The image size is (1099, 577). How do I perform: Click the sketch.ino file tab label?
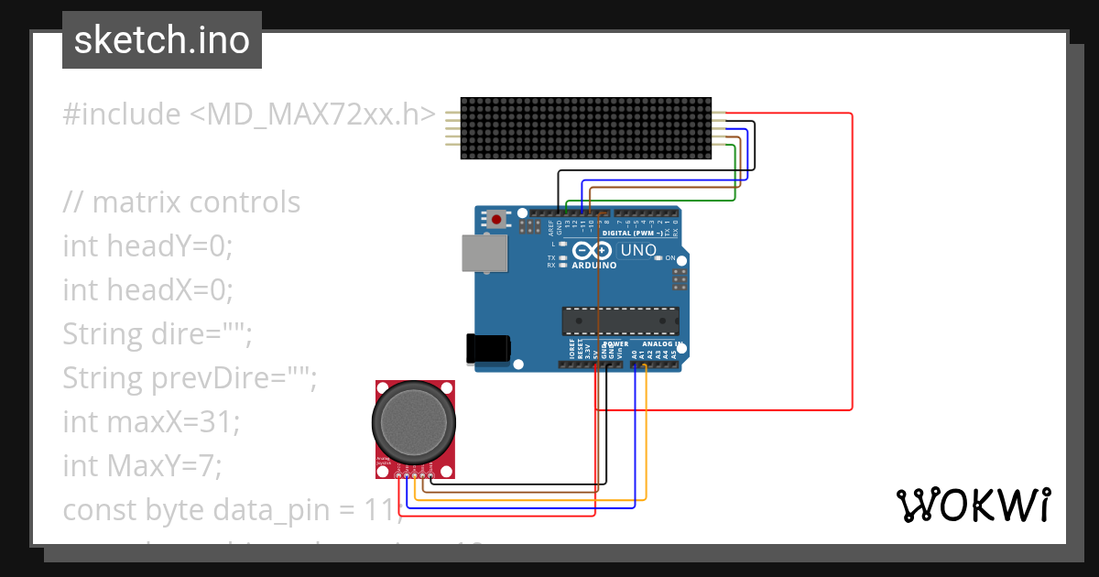pyautogui.click(x=161, y=40)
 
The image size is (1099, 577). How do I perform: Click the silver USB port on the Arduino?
pyautogui.click(x=484, y=253)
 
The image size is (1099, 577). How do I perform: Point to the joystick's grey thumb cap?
pyautogui.click(x=413, y=422)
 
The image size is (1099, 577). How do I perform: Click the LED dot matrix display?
pyautogui.click(x=585, y=128)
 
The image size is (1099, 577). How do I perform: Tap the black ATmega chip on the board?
pyautogui.click(x=621, y=321)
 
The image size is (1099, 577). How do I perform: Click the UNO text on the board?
pyautogui.click(x=638, y=250)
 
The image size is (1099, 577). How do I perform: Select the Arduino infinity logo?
pyautogui.click(x=593, y=251)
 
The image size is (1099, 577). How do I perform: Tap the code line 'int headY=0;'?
pyautogui.click(x=148, y=246)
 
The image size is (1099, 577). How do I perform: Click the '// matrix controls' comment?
pyautogui.click(x=181, y=202)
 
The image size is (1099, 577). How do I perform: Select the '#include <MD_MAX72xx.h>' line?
pyautogui.click(x=249, y=114)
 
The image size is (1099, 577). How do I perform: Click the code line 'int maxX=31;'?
pyautogui.click(x=151, y=422)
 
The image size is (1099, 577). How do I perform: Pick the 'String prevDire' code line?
pyautogui.click(x=190, y=378)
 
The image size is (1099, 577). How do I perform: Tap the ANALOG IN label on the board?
pyautogui.click(x=661, y=344)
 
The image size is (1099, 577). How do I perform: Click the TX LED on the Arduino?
pyautogui.click(x=564, y=258)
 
